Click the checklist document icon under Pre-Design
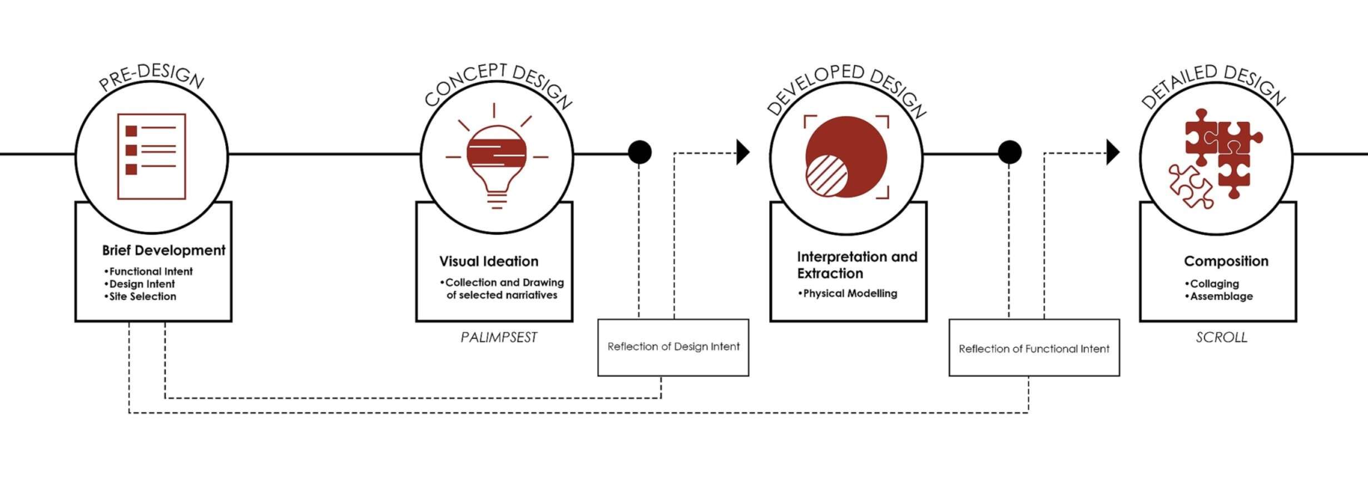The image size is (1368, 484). click(x=151, y=156)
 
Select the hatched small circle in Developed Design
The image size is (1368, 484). click(x=826, y=175)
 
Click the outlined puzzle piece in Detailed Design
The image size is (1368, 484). click(x=1191, y=186)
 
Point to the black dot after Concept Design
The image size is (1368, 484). click(x=640, y=152)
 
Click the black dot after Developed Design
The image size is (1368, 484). click(x=1009, y=152)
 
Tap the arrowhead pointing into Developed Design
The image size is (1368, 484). click(x=743, y=152)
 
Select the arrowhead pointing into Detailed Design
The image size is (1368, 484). click(x=1113, y=152)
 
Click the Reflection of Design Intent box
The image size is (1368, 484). click(x=673, y=347)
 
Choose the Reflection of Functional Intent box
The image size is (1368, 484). click(x=1034, y=347)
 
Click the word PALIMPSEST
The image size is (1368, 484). click(x=499, y=337)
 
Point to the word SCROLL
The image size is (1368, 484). click(x=1222, y=337)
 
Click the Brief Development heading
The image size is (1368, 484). click(x=163, y=250)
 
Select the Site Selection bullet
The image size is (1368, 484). click(x=140, y=297)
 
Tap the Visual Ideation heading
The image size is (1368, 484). click(x=489, y=261)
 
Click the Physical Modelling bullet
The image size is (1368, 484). click(x=847, y=293)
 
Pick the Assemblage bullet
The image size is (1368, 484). click(x=1218, y=296)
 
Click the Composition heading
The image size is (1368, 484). click(x=1226, y=261)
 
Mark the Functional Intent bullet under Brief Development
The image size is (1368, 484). click(x=148, y=271)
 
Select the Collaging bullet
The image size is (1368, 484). click(x=1211, y=284)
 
